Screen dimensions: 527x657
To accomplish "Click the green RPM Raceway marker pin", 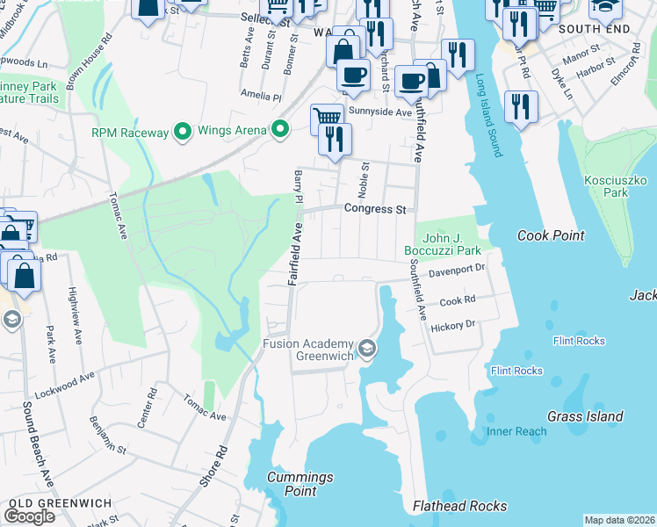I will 183,132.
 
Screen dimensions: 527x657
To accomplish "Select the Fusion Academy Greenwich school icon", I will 366,350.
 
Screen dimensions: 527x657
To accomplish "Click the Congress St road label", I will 376,210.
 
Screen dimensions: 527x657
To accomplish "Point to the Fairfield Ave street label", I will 297,254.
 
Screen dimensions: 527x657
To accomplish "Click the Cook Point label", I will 551,235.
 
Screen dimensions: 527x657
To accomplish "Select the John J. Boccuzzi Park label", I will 442,244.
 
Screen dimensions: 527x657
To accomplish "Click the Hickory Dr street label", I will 452,326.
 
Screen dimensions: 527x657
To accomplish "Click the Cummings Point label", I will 300,484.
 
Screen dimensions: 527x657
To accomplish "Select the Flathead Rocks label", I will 459,506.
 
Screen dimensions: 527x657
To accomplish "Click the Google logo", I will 29,516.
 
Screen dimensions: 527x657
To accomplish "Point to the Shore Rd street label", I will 212,465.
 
